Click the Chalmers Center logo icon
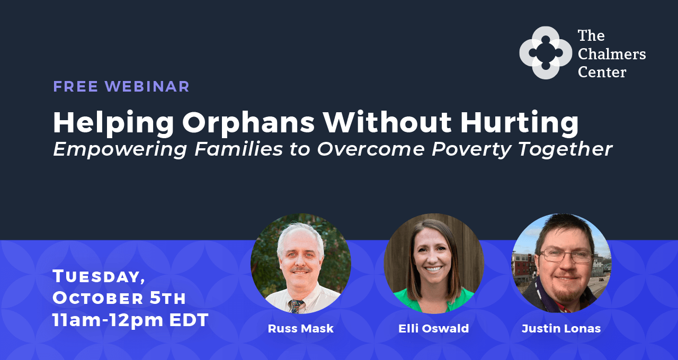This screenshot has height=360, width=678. (x=546, y=53)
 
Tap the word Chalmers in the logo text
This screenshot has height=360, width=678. (x=611, y=53)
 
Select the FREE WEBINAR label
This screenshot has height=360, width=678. (x=121, y=86)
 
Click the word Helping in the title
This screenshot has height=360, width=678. (x=113, y=123)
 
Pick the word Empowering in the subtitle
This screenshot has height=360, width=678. (x=120, y=149)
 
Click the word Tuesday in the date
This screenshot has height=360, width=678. (x=99, y=276)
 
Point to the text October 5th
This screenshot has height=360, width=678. (x=119, y=298)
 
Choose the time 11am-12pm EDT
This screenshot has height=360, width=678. (x=130, y=320)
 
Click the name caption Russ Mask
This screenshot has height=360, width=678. (x=300, y=328)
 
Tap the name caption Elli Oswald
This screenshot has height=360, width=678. (x=433, y=328)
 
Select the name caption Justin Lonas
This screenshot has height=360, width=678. (x=561, y=328)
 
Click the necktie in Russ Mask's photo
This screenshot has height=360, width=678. (x=296, y=306)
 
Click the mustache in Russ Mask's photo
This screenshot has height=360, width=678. (x=301, y=271)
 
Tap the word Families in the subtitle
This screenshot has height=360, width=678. (x=238, y=149)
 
